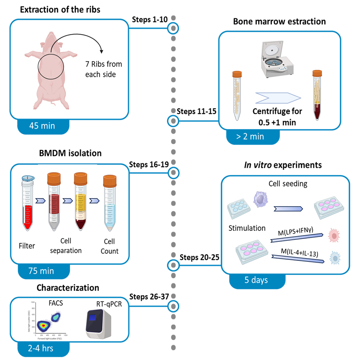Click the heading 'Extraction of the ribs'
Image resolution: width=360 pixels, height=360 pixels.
click(60, 10)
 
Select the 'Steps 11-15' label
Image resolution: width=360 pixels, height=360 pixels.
click(197, 112)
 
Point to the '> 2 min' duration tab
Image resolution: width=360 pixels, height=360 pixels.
click(249, 137)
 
